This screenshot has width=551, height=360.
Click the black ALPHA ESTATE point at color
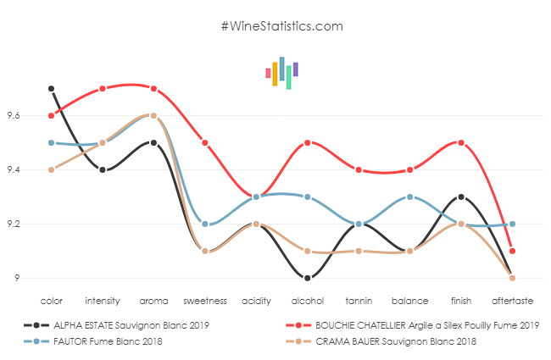[x=52, y=88]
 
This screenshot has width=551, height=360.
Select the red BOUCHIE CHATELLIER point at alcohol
[x=307, y=142]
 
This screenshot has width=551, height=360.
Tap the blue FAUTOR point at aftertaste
[x=512, y=224]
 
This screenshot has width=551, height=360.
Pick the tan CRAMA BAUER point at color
[x=52, y=169]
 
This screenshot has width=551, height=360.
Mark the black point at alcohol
[x=307, y=278]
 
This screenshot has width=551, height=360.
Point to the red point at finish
[x=460, y=142]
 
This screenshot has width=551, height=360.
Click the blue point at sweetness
[x=205, y=224]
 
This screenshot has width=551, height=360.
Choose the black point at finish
[x=460, y=197]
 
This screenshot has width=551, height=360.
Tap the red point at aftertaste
[x=512, y=251]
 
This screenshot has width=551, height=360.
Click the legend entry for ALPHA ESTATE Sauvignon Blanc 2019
[x=118, y=324]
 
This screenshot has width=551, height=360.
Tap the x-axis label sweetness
[x=205, y=301]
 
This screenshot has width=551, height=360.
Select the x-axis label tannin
[x=358, y=301]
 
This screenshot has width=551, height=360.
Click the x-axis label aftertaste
[x=512, y=301]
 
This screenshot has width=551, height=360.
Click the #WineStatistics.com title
[x=281, y=26]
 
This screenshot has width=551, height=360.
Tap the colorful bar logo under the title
[x=281, y=73]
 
